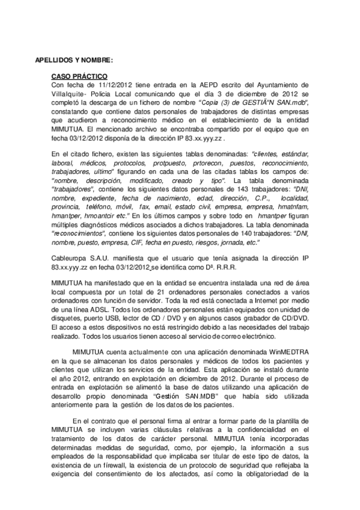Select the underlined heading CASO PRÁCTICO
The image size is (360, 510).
pyautogui.click(x=79, y=76)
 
